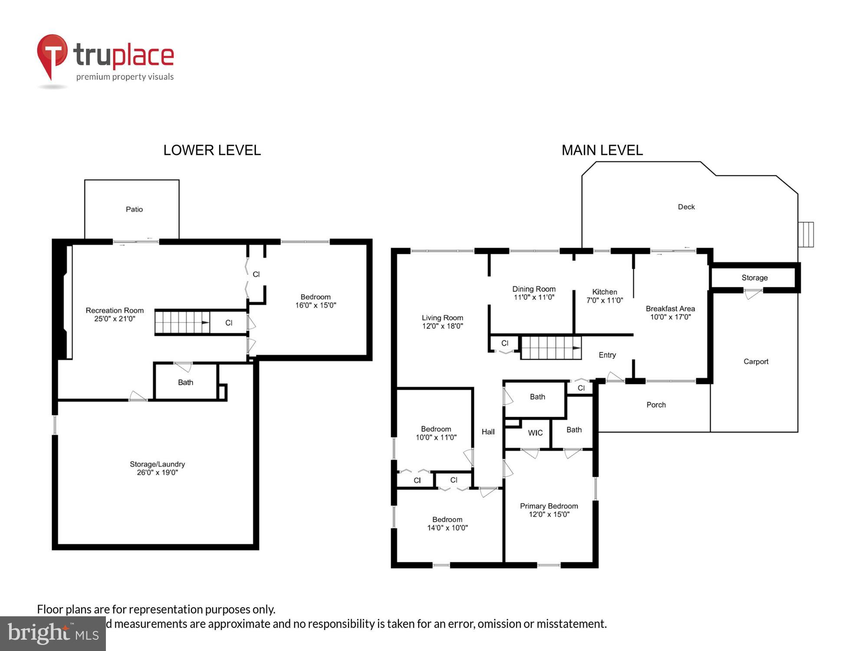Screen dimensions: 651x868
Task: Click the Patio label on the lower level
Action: point(134,209)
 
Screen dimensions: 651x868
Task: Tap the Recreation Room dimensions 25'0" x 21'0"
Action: point(115,319)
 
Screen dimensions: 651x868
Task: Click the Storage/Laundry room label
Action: point(157,464)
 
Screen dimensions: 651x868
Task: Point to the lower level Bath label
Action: point(185,382)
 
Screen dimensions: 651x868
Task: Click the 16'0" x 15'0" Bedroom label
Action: point(316,301)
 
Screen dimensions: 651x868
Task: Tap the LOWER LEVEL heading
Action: point(212,150)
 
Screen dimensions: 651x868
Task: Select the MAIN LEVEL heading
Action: point(602,150)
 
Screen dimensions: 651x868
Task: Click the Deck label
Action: point(686,207)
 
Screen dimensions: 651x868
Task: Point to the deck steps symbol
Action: point(806,234)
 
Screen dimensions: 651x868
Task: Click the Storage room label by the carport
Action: point(754,278)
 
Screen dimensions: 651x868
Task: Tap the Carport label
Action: point(756,362)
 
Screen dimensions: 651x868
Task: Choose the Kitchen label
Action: point(605,292)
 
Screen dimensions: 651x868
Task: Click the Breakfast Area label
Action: point(670,309)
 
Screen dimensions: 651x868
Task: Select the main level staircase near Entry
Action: point(551,348)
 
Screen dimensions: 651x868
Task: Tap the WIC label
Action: point(535,433)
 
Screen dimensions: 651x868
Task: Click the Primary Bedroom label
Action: point(549,506)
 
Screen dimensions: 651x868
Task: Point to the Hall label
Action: point(488,432)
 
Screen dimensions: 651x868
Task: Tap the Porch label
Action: point(656,405)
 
